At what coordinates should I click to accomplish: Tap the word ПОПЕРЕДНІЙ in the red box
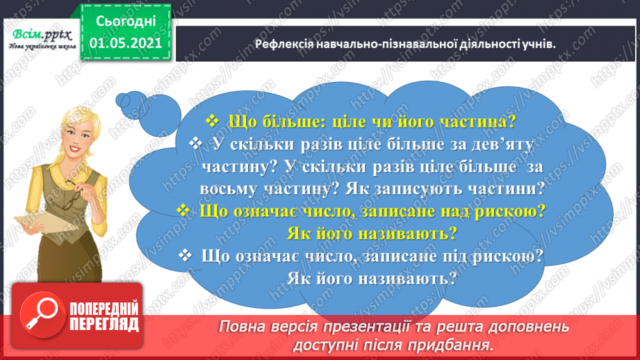pyautogui.click(x=103, y=309)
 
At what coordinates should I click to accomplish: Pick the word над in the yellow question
pyautogui.click(x=441, y=210)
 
